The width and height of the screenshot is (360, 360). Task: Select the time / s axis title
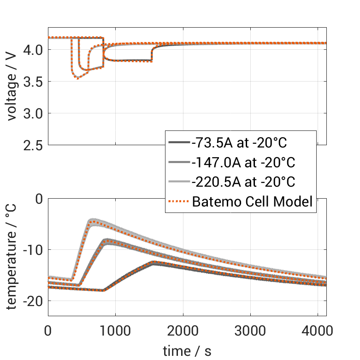(x=187, y=351)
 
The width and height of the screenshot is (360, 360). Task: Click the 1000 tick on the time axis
(x=115, y=330)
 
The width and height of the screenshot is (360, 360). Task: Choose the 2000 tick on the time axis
(x=183, y=330)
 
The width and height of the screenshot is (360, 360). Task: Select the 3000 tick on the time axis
(x=250, y=330)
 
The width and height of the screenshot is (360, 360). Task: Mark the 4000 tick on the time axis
(x=318, y=330)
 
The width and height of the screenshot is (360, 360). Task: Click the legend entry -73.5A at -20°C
(x=239, y=143)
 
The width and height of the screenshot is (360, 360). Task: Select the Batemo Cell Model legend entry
(x=252, y=201)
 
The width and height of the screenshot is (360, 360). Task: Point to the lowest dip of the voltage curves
(x=77, y=78)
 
